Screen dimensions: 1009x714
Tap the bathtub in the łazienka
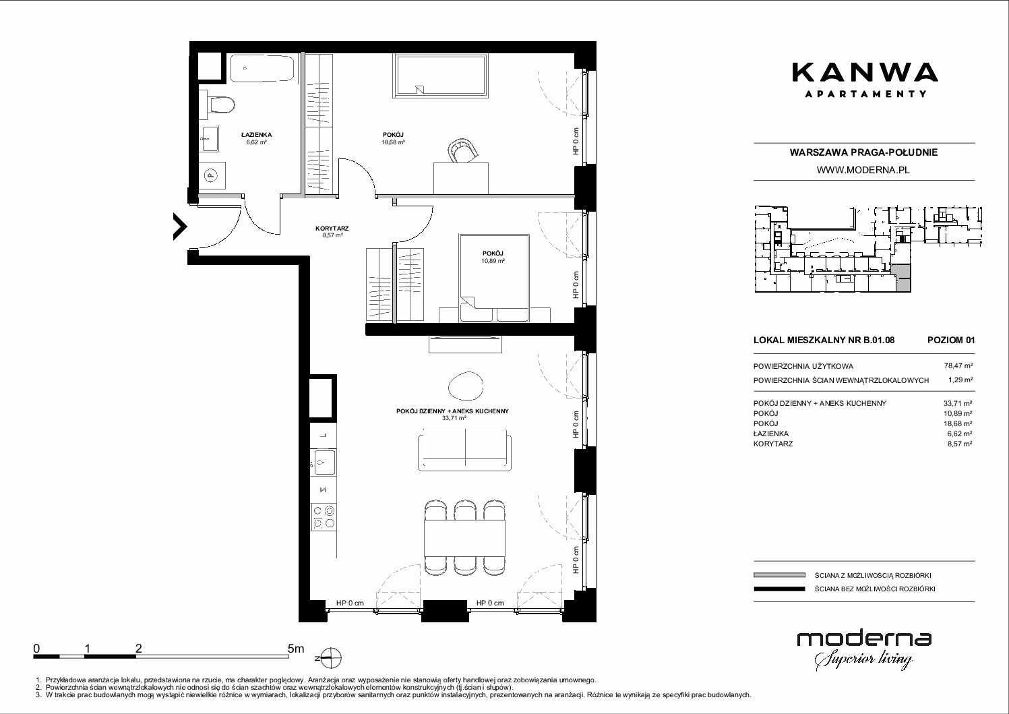(263, 69)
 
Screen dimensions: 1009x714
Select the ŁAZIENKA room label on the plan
(256, 134)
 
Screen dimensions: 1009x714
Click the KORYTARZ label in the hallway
(332, 229)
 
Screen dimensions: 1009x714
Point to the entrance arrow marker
(180, 226)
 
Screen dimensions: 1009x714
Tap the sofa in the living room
(465, 450)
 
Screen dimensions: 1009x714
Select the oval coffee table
(465, 386)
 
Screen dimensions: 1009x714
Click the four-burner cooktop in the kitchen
(324, 516)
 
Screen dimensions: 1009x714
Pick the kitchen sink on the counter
(324, 463)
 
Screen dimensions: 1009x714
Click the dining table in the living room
(464, 538)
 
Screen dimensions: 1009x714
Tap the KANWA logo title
(864, 73)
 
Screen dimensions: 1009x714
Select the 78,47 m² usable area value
(958, 366)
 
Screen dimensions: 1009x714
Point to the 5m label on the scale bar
(296, 648)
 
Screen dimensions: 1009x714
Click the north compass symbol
(330, 658)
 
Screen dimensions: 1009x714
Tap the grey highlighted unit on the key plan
(902, 278)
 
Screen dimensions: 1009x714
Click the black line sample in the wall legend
(779, 589)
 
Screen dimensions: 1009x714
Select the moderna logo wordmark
(864, 639)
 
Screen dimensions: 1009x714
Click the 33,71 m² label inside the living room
(454, 418)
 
